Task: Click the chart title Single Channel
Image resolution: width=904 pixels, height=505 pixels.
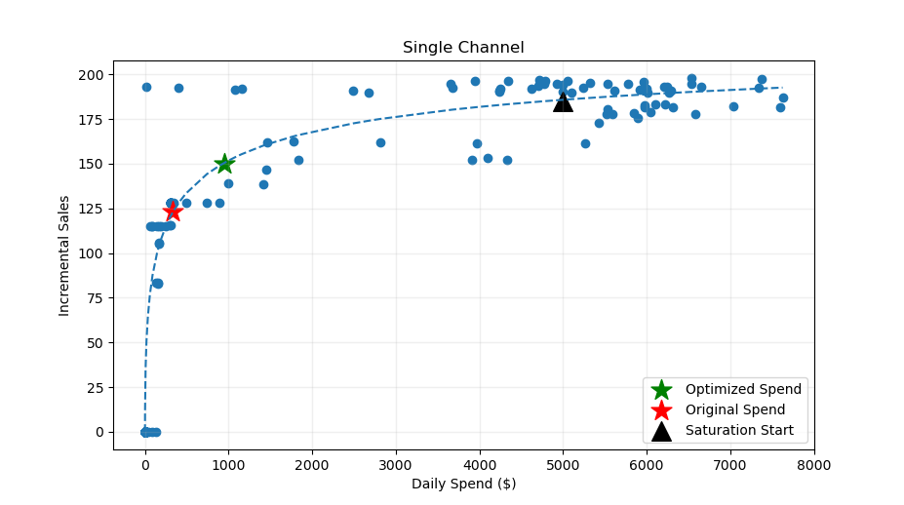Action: (x=463, y=48)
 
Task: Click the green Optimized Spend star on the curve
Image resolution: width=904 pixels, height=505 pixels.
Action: (x=224, y=164)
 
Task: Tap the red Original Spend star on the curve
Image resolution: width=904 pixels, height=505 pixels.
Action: (x=173, y=212)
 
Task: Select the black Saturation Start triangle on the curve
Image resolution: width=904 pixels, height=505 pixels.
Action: (x=563, y=101)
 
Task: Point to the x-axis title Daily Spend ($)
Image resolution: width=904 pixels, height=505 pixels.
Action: (x=463, y=484)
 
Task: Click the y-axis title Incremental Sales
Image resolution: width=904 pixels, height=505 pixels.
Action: (x=64, y=255)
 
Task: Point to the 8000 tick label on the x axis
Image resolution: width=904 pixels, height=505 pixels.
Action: (x=813, y=465)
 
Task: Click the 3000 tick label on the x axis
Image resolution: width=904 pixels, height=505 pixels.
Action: (x=396, y=465)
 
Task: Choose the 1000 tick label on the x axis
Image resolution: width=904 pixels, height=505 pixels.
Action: (x=229, y=465)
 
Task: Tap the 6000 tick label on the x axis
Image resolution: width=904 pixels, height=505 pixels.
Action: (x=647, y=465)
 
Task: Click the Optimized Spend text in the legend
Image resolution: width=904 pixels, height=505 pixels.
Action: (x=743, y=389)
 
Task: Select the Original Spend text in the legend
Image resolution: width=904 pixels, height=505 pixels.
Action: (x=735, y=409)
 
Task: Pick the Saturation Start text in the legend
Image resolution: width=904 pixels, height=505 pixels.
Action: (x=739, y=430)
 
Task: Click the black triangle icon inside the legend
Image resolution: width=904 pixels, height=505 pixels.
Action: (x=661, y=430)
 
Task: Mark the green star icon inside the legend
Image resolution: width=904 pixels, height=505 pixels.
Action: (x=661, y=389)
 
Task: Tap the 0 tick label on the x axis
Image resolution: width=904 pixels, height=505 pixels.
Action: (x=145, y=465)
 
